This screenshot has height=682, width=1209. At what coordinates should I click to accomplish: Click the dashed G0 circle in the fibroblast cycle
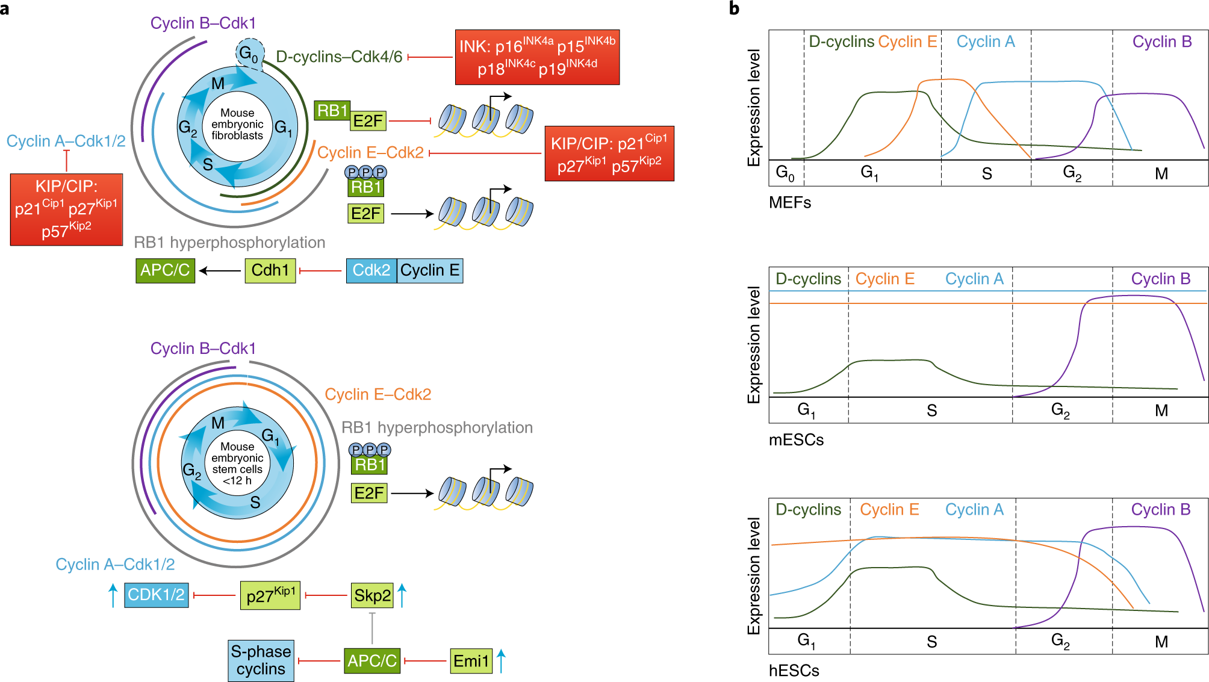tap(249, 54)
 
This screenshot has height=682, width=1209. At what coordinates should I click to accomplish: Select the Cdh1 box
tap(270, 270)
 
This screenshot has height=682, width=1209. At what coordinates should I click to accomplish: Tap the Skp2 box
tap(372, 595)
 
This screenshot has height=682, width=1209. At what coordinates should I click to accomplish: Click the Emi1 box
tap(471, 661)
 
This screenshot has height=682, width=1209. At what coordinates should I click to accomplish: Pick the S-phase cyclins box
tap(261, 660)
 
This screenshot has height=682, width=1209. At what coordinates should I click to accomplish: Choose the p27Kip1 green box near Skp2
tap(270, 595)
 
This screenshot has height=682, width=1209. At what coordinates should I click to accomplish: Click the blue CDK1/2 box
tap(156, 595)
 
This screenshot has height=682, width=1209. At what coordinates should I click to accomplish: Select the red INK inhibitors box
tap(537, 57)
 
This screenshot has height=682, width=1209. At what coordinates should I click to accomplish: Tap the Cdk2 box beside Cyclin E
tap(371, 270)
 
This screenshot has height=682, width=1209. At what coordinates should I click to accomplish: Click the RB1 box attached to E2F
tap(332, 111)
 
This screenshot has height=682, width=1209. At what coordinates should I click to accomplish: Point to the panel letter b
tap(734, 8)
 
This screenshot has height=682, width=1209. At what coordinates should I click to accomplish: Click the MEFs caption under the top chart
tap(789, 202)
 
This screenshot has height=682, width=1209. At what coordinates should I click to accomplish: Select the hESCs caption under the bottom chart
tap(794, 671)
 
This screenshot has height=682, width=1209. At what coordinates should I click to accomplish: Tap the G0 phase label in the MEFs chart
tap(785, 173)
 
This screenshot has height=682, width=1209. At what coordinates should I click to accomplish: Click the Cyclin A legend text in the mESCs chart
tap(974, 279)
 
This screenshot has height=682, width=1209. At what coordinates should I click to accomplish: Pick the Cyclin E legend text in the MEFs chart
tap(907, 42)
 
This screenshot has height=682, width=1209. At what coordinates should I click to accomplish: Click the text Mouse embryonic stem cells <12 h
tap(237, 463)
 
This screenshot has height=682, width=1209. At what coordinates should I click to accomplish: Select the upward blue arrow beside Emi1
tap(501, 660)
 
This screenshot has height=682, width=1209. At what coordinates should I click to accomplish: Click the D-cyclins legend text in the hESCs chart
tap(808, 509)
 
